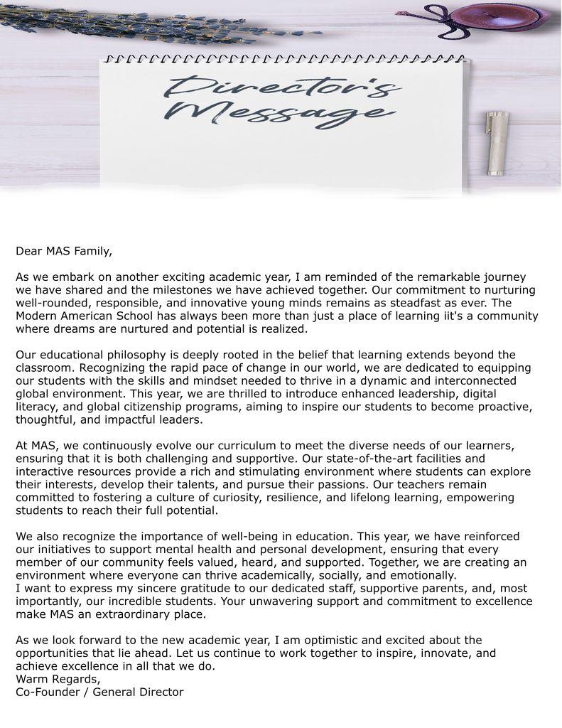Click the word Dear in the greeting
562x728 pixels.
(x=29, y=250)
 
